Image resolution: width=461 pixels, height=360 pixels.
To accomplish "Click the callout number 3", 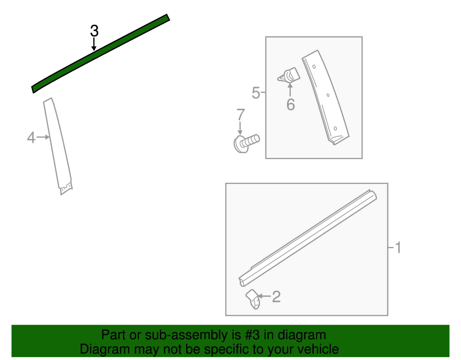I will point(94,31).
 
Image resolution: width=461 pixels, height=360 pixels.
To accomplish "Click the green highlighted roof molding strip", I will point(101,54).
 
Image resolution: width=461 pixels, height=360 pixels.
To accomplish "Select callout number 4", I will point(31,137).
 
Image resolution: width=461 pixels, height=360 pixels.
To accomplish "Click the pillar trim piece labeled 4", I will point(58,144).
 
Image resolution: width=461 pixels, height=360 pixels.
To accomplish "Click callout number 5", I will point(256,93).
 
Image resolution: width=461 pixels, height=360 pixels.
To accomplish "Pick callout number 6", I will point(290,104).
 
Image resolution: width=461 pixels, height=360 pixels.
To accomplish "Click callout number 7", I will point(241,115).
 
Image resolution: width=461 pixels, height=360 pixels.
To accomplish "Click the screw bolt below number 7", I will point(246,143).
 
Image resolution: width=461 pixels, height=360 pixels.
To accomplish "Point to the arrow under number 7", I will point(240,128).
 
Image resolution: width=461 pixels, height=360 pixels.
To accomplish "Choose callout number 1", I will point(398,247).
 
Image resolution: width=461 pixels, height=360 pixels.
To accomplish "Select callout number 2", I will point(276,297).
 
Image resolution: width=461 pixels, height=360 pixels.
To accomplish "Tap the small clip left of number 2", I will point(253,299).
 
